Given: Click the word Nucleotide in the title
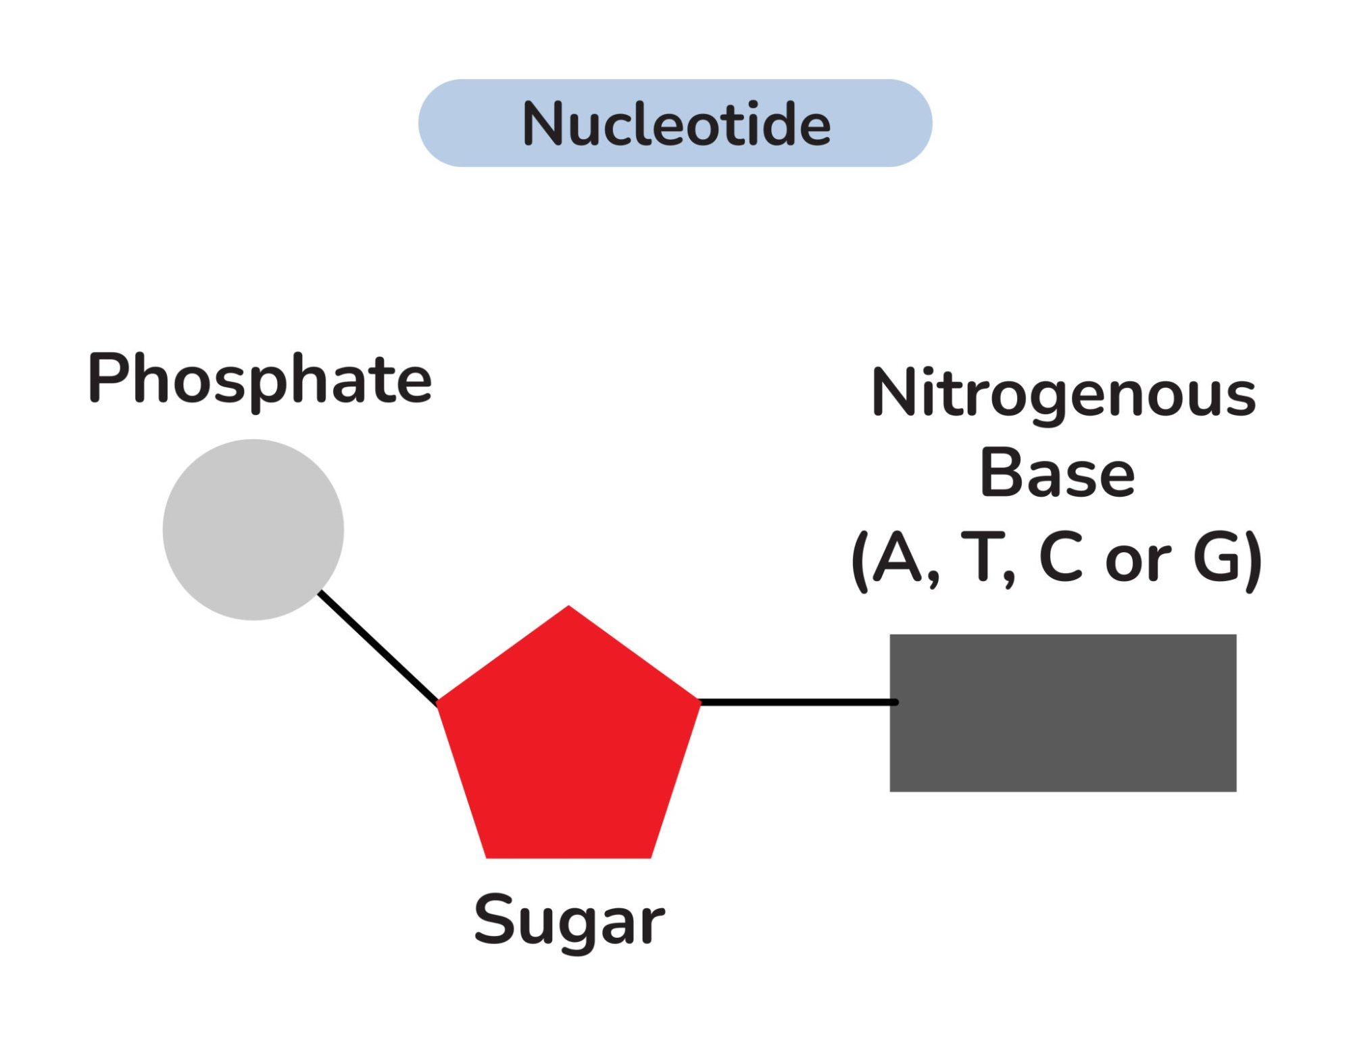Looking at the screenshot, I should pos(676,124).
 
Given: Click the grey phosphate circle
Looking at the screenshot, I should pos(253,529).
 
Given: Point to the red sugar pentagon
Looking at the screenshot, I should pos(569,743).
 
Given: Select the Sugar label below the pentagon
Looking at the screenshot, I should pos(569,920).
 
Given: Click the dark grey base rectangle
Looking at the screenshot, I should pos(1062,712).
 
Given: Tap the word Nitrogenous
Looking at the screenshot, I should pos(1063,394).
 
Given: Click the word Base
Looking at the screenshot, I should pos(1057,474).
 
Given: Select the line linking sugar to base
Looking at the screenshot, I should pos(797,702).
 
